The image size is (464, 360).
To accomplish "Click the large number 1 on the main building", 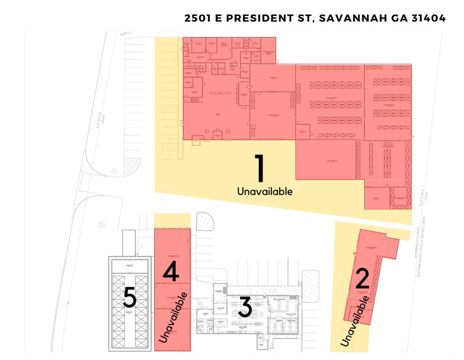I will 259,168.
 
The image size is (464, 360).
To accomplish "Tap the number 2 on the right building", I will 362,279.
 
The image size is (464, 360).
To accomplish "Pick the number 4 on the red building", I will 171,272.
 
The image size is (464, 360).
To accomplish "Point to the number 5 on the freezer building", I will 129,298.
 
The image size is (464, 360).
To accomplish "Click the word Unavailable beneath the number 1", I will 264,192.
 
